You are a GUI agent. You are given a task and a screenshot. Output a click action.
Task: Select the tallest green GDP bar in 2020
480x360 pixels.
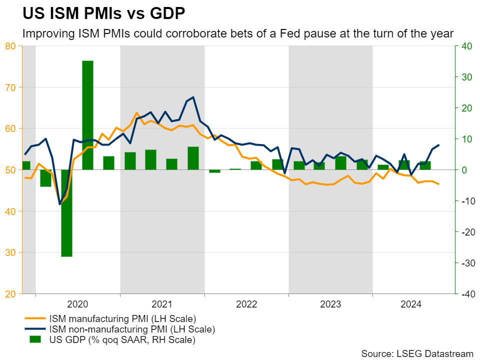88,115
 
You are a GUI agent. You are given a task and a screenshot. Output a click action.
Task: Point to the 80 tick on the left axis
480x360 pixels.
10,46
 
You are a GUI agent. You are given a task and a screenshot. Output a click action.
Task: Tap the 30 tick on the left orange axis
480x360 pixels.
10,252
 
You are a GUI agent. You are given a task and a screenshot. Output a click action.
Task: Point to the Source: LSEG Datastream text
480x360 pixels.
417,353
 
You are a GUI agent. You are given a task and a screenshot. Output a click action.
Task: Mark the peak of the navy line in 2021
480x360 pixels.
193,97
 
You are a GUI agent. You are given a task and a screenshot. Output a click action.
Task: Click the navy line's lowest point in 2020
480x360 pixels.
60,204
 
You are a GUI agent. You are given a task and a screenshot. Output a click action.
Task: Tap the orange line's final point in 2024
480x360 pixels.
439,184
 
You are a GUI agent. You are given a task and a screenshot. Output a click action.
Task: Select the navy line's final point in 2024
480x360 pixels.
439,145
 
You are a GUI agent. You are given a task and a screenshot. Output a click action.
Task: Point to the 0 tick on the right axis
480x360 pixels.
462,170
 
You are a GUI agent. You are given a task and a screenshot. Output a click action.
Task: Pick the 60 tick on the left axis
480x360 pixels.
10,128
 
